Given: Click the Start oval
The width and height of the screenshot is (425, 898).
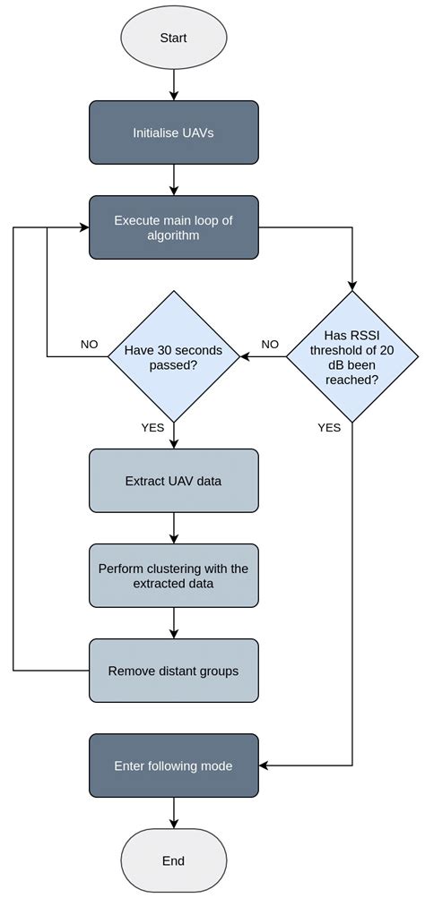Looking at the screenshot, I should click(x=173, y=39).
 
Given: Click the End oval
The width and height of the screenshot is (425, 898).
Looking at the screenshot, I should click(x=173, y=860).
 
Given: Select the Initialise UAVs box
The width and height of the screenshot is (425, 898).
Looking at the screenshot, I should click(x=173, y=133).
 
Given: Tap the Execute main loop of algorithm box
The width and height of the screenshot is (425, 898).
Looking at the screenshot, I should click(x=173, y=227).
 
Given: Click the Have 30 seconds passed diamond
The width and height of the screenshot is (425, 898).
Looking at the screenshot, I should click(x=173, y=357).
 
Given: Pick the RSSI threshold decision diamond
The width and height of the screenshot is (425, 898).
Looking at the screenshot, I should click(x=351, y=357).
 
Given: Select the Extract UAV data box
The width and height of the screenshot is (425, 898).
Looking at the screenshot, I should click(x=173, y=481).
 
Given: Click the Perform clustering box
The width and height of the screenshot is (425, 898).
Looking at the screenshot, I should click(x=173, y=576).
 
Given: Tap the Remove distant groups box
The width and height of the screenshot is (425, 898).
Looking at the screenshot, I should click(x=173, y=671).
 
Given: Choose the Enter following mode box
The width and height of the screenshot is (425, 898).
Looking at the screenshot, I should click(x=173, y=765).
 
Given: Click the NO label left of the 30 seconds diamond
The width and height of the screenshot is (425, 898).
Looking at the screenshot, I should click(x=89, y=345).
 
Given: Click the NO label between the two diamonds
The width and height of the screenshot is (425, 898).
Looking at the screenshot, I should click(x=269, y=345).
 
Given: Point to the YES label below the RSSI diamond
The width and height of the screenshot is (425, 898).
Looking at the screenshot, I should click(x=329, y=427).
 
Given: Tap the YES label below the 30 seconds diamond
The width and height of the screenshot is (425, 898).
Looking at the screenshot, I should click(x=152, y=427).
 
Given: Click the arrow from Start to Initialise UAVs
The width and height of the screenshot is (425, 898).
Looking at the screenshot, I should click(x=173, y=84).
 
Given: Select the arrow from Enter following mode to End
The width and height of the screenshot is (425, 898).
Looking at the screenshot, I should click(x=173, y=813).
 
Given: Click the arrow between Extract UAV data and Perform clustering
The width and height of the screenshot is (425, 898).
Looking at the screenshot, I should click(x=173, y=528).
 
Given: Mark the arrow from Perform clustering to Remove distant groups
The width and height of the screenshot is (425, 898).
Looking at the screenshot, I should click(x=173, y=623).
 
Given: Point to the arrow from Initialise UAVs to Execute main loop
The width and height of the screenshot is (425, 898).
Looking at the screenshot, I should click(x=173, y=180).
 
